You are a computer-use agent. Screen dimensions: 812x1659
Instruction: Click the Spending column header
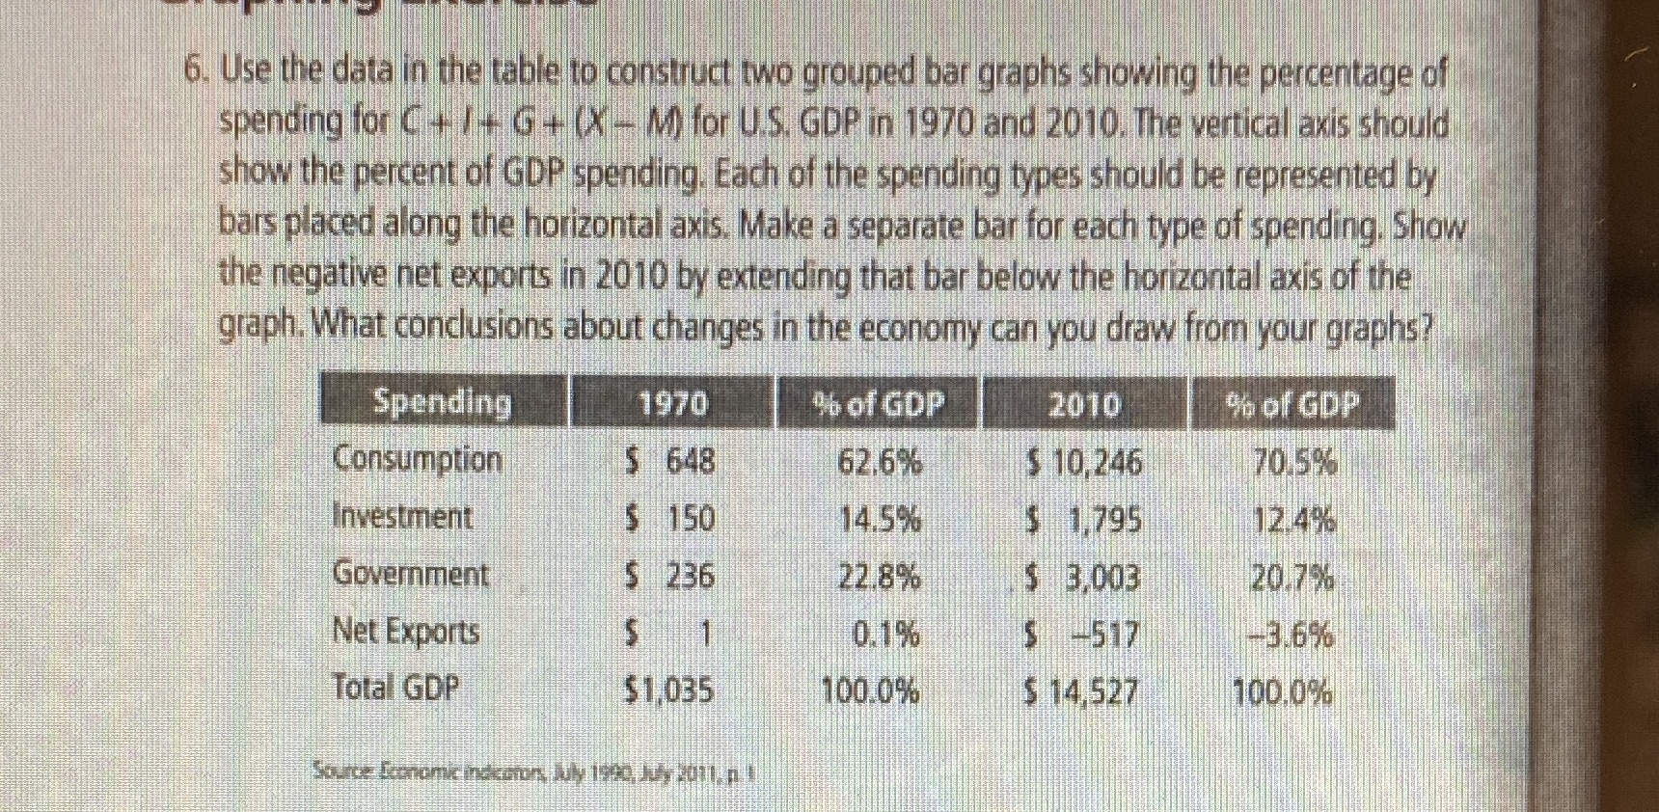point(442,402)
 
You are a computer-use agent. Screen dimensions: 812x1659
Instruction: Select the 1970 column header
point(672,404)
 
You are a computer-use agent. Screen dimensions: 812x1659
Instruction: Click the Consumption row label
point(417,459)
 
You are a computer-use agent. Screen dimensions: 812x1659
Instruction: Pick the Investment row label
point(402,517)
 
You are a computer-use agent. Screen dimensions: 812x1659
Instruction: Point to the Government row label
point(410,575)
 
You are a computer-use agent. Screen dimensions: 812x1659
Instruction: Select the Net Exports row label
point(405,632)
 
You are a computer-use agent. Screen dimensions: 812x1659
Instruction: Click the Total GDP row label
point(395,688)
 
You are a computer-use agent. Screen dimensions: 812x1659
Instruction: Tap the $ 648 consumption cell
point(670,462)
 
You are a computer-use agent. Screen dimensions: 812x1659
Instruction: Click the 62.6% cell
point(878,464)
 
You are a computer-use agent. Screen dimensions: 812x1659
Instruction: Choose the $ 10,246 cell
point(1083,465)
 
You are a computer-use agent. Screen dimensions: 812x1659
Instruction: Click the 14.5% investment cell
point(878,521)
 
